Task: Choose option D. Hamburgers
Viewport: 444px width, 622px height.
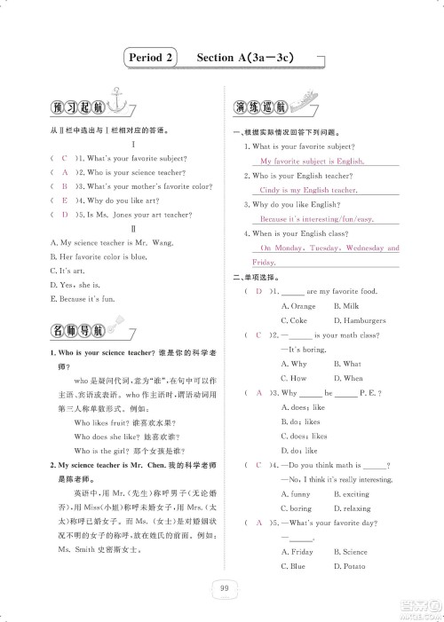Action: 360,319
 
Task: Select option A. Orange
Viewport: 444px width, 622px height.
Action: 298,305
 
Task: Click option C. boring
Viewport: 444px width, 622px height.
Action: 297,508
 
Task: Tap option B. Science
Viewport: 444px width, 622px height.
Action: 351,551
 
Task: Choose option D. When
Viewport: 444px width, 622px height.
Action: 349,378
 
